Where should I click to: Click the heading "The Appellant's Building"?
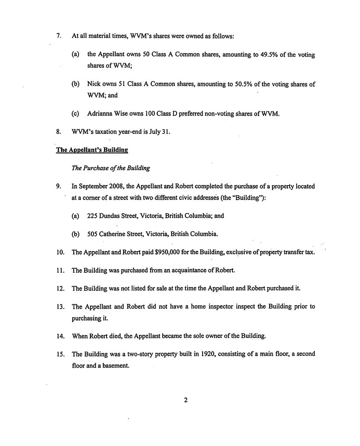click(92, 150)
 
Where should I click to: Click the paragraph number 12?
click(60, 288)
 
